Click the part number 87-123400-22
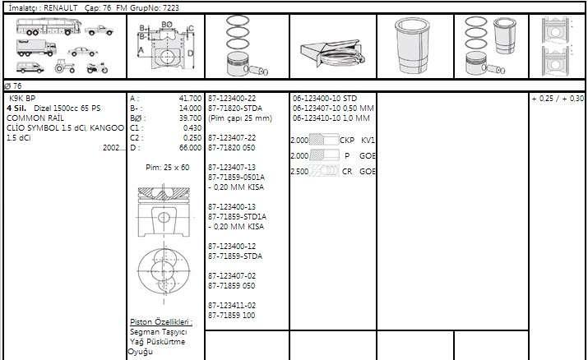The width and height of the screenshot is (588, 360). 232,99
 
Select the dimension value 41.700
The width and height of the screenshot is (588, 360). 190,99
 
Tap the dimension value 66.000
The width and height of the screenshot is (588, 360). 190,148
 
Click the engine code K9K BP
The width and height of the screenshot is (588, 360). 22,99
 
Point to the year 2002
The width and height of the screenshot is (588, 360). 111,148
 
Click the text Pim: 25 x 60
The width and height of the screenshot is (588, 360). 167,168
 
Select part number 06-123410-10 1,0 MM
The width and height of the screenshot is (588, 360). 331,118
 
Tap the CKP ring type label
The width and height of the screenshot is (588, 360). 347,140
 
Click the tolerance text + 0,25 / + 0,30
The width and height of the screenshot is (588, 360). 558,99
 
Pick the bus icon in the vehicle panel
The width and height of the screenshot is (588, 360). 49,26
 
